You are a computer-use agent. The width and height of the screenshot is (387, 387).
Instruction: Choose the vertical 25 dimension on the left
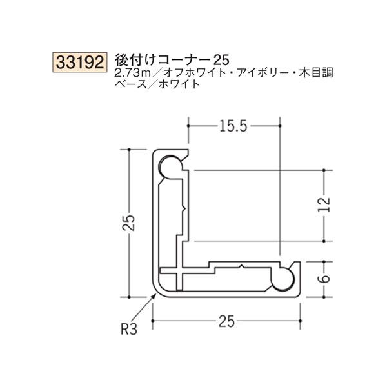click(130, 223)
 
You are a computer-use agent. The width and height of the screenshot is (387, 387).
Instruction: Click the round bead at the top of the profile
click(170, 168)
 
